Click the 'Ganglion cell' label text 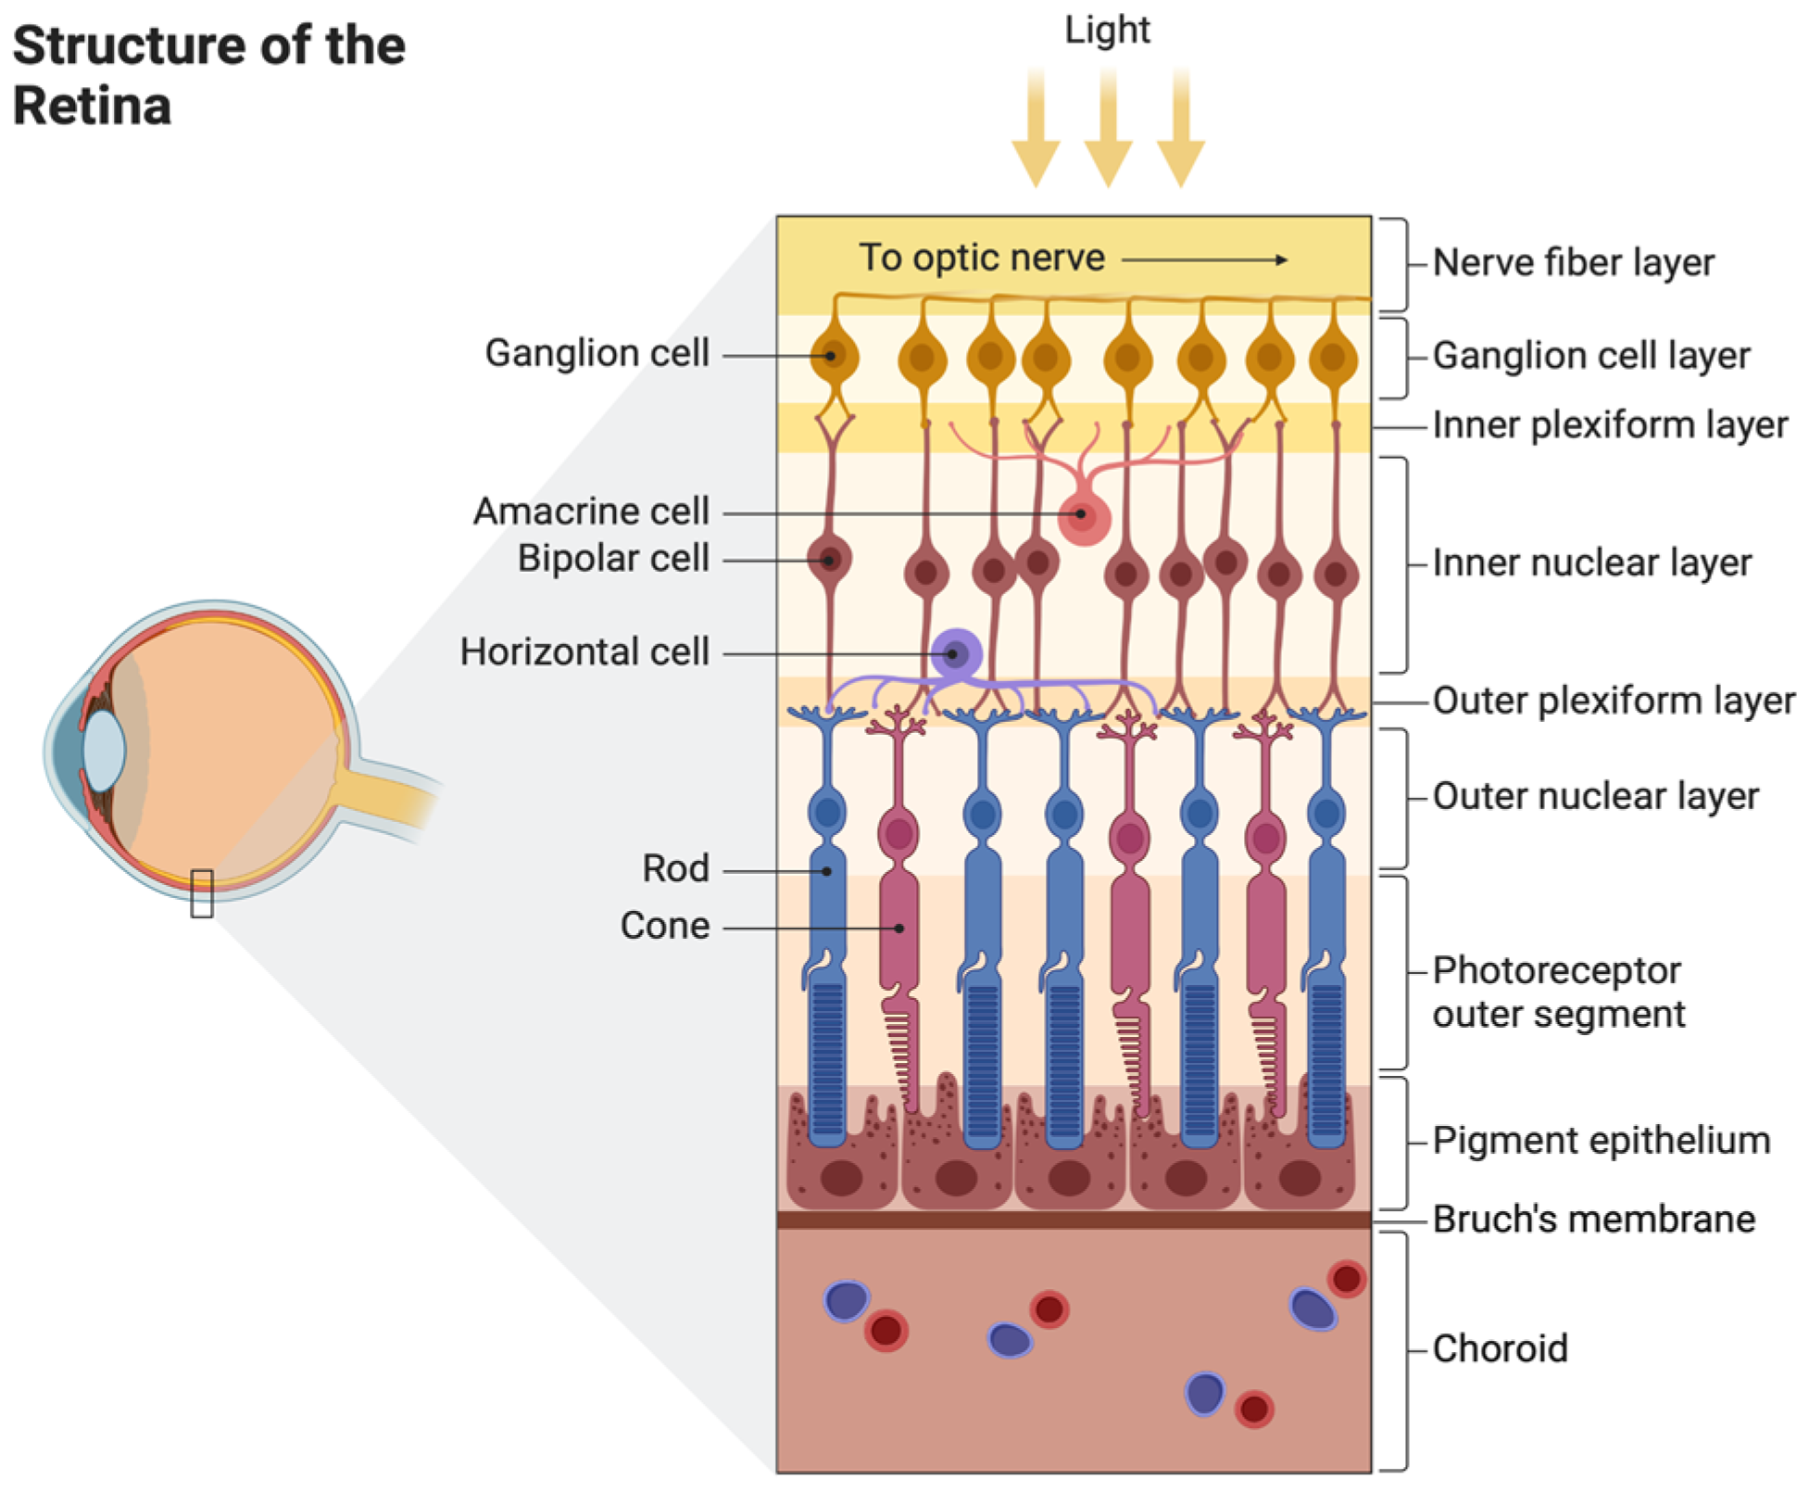coord(597,353)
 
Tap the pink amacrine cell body coord(1083,517)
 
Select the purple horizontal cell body coord(956,653)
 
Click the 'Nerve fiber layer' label coord(1572,262)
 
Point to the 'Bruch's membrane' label coord(1592,1219)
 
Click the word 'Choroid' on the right coord(1499,1348)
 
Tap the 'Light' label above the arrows coord(1106,31)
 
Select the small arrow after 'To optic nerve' coord(1203,259)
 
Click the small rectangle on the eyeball coord(201,893)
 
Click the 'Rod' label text coord(675,869)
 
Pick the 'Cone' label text coord(664,926)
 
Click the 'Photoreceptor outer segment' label coord(1557,992)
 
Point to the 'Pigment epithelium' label coord(1600,1140)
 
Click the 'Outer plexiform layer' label coord(1613,701)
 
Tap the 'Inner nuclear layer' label coord(1590,563)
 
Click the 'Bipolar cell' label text coord(612,559)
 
